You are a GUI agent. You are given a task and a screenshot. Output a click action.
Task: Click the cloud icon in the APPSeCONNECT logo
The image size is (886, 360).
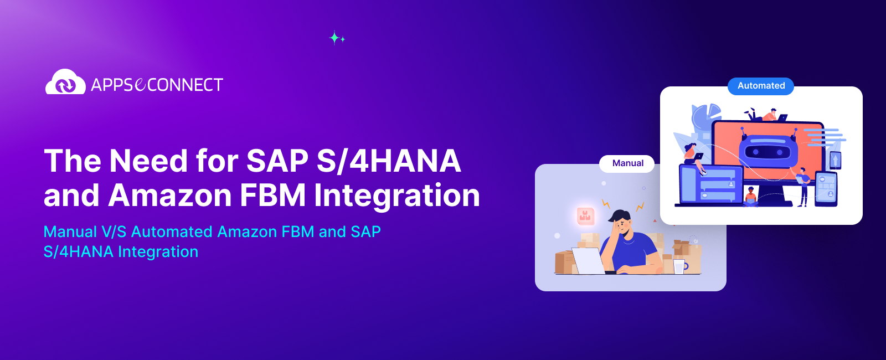[x=65, y=83]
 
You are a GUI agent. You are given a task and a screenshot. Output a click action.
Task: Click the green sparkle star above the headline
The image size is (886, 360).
[x=335, y=38]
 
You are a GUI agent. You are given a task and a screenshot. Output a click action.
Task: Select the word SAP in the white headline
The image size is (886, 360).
[x=277, y=161]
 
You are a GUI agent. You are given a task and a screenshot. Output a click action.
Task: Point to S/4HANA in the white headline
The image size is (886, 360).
[x=389, y=161]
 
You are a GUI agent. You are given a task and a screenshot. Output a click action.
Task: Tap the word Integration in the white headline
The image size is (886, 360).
[x=396, y=196]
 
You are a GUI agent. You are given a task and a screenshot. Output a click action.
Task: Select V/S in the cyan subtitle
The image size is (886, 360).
[x=114, y=232]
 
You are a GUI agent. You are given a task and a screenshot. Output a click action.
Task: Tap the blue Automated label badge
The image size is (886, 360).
[x=761, y=86]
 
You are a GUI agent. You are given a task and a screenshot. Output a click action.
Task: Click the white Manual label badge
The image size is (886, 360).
[x=627, y=163]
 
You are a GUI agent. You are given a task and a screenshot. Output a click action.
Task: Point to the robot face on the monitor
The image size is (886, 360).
[x=767, y=151]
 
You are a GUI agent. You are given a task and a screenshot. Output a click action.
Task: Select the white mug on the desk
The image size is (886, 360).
[x=679, y=267]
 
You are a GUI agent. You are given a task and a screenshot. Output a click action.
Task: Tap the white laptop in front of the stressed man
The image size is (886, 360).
[x=588, y=261]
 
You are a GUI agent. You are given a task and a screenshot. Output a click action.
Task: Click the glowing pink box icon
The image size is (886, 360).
[x=585, y=216]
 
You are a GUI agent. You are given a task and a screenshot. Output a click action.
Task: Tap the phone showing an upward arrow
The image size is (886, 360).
[x=835, y=161]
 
